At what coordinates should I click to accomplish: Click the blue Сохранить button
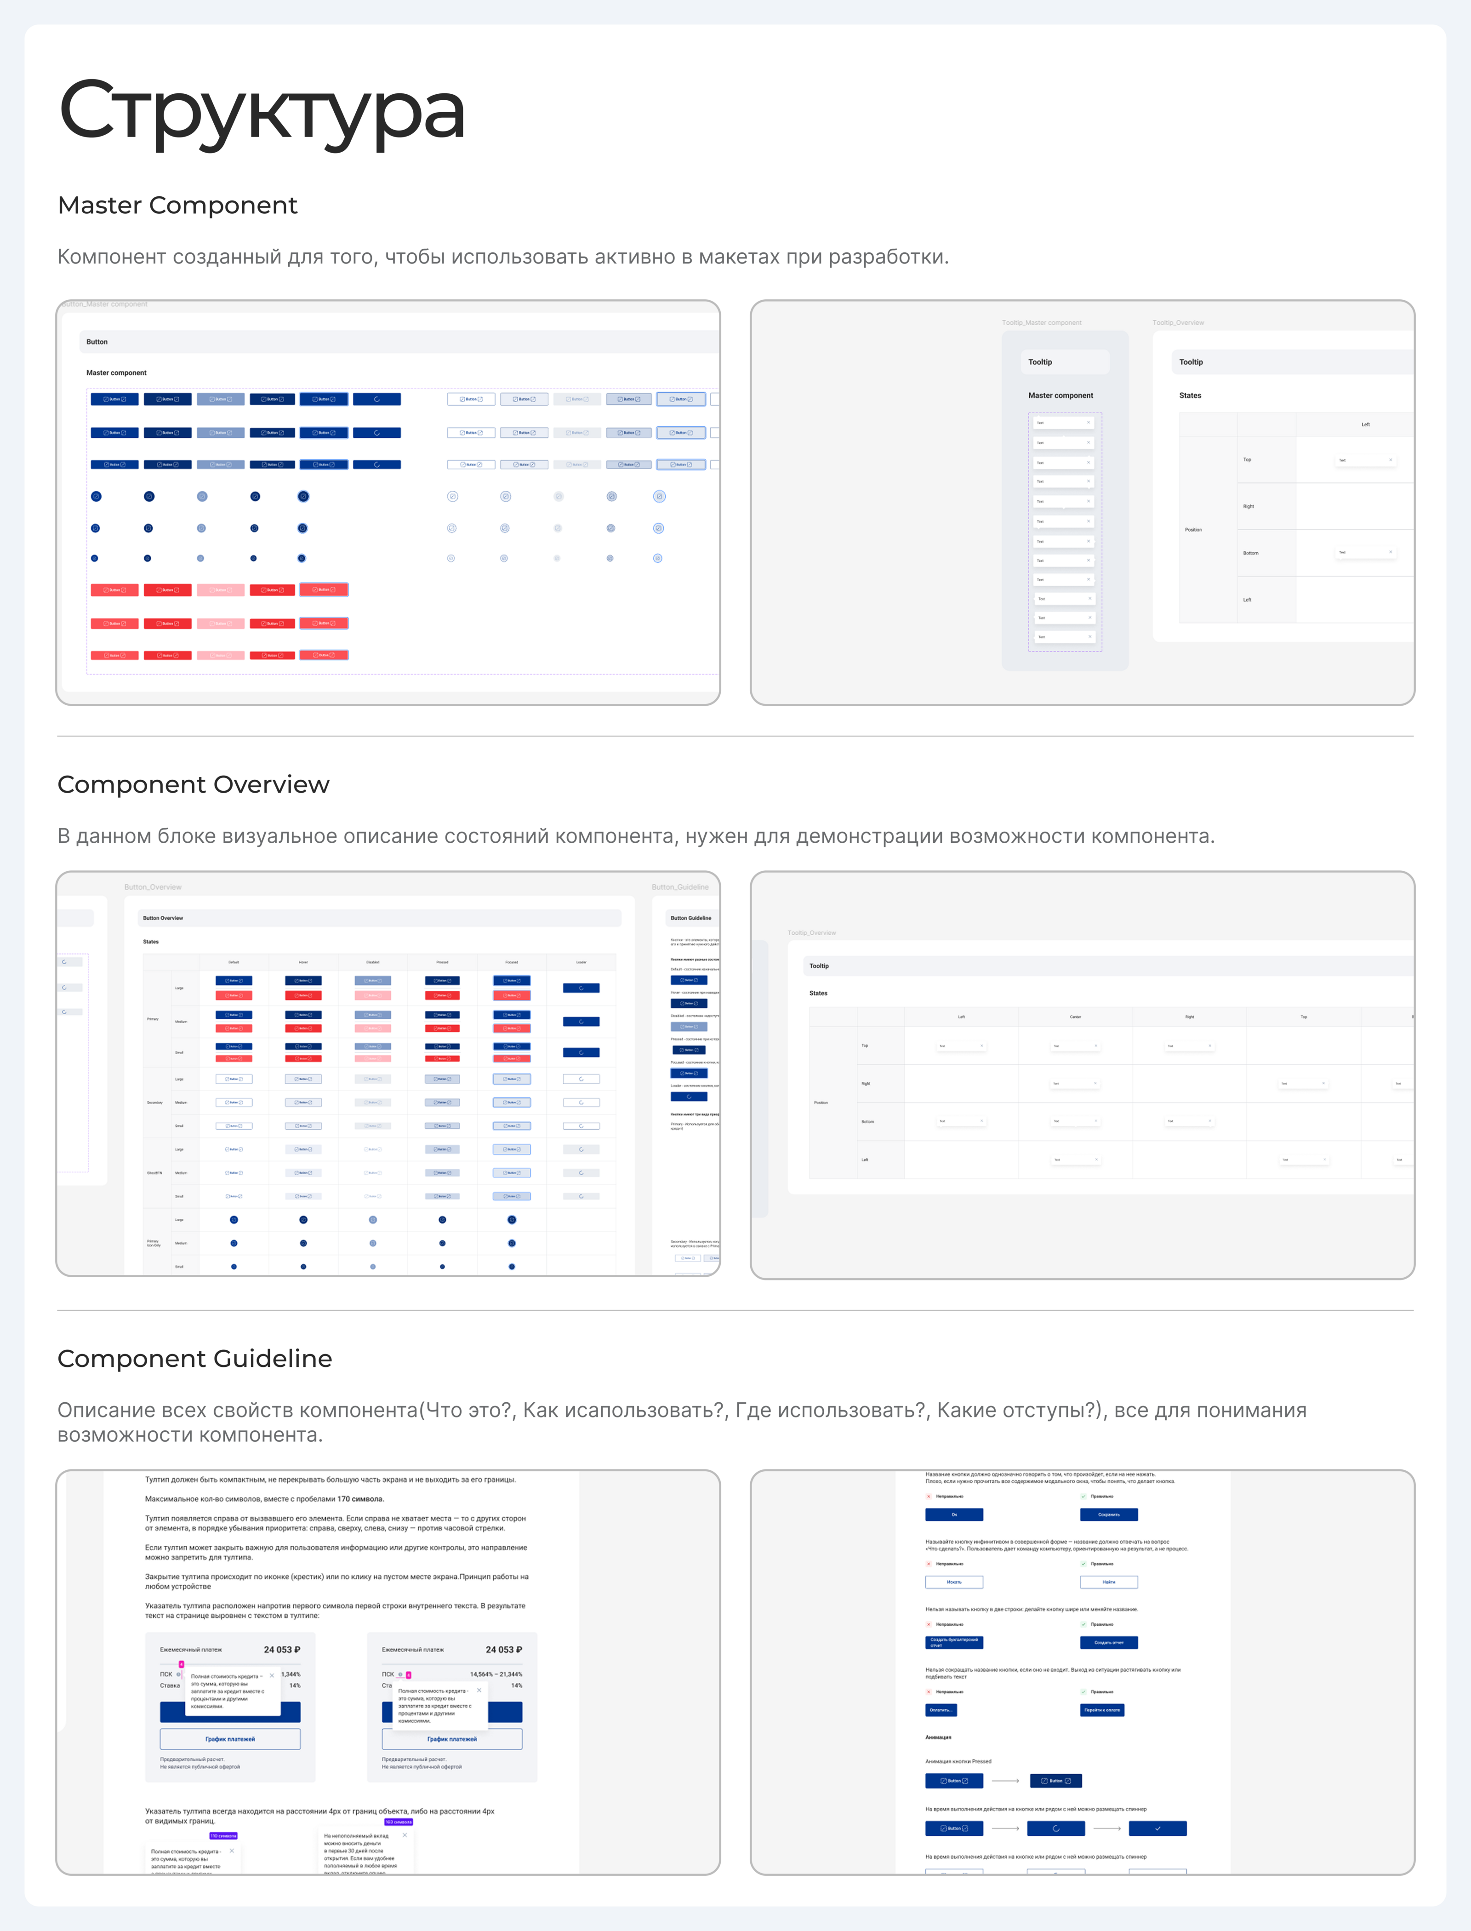[1108, 1514]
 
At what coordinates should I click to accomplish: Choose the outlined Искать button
[953, 1582]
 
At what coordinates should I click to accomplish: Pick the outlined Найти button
[1108, 1582]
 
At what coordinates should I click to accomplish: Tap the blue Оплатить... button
[941, 1709]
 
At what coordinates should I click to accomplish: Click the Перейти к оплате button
[1101, 1709]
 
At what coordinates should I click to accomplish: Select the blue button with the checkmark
[1157, 1828]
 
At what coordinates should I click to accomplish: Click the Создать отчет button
[1108, 1643]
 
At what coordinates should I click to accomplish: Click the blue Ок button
[953, 1514]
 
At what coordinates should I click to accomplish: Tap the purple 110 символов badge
[222, 1835]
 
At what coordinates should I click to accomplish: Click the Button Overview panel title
[163, 918]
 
